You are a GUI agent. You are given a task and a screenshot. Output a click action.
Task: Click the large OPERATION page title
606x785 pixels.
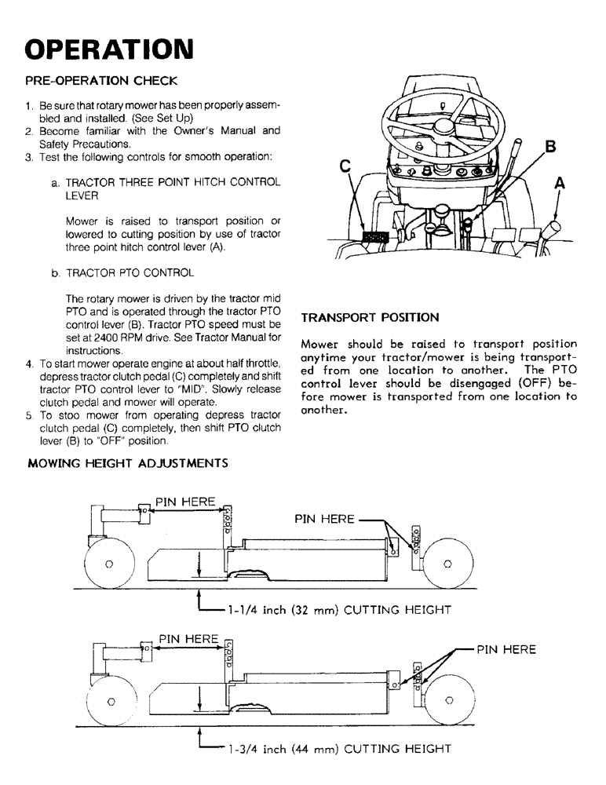(109, 48)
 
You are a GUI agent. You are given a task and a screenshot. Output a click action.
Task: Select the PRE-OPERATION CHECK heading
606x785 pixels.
(101, 81)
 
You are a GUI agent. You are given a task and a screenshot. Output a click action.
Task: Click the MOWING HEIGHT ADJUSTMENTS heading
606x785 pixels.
(128, 463)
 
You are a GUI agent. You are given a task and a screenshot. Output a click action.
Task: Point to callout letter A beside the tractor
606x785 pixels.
(560, 183)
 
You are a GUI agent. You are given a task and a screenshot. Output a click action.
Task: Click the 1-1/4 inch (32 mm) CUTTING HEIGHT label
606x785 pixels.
(338, 608)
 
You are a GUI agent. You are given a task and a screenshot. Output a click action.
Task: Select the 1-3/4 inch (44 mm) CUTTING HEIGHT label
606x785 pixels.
(338, 749)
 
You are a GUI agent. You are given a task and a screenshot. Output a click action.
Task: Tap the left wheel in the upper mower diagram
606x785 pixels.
(108, 563)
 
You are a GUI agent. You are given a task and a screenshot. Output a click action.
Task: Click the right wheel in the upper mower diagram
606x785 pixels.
(447, 563)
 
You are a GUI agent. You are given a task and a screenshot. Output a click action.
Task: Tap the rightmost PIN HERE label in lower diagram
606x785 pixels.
(506, 649)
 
